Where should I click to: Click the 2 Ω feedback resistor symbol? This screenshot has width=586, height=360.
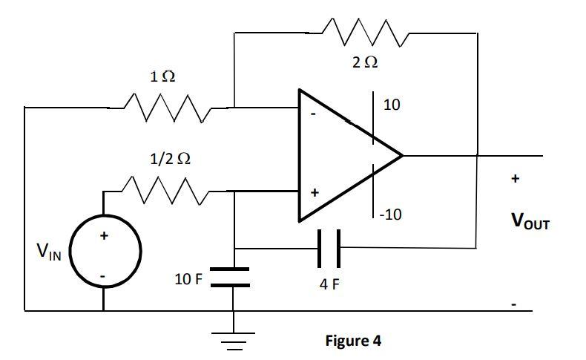[363, 33]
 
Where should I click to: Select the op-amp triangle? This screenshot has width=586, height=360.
[341, 156]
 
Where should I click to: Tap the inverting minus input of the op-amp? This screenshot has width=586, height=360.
[312, 115]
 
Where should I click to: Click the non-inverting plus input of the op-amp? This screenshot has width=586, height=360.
[314, 193]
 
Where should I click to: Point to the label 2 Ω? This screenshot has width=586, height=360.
[364, 63]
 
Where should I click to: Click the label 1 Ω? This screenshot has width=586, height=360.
[162, 76]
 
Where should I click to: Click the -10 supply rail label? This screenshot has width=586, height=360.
[391, 215]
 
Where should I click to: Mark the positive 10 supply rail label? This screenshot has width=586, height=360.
[392, 105]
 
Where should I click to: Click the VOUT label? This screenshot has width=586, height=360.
[529, 221]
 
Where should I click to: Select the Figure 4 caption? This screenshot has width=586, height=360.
[353, 341]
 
